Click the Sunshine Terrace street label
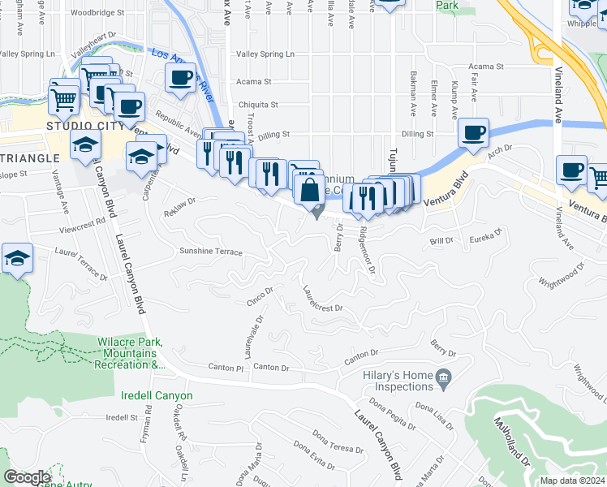pos(211,252)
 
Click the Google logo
pos(26,477)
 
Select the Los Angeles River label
pos(181,75)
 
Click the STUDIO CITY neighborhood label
pos(85,126)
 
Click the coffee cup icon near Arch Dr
pos(473,132)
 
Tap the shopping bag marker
pos(309,191)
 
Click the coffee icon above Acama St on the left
pos(181,79)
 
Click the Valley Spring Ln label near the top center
pos(265,54)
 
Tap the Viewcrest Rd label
pos(84,220)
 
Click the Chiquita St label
pos(258,105)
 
